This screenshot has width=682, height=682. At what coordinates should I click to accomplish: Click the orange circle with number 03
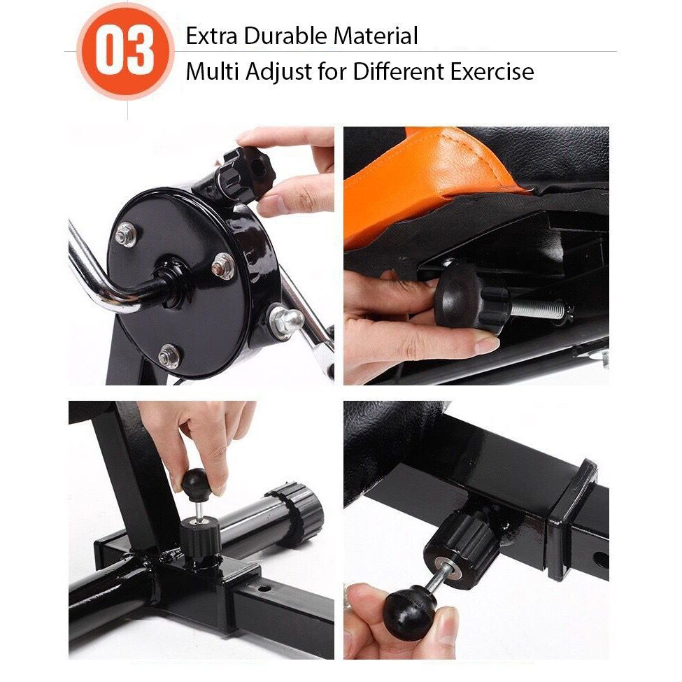point(126,51)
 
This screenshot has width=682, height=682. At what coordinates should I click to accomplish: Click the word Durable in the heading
point(285,36)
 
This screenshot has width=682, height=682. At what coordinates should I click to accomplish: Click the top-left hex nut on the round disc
point(126,234)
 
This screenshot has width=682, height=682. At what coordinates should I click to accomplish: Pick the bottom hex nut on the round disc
point(169,356)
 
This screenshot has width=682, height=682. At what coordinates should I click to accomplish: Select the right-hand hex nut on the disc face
point(224,266)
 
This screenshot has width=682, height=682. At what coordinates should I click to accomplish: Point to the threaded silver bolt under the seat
point(539,308)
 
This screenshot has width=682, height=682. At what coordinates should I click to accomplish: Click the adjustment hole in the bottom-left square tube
point(263,589)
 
